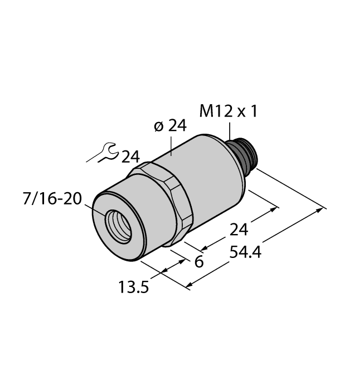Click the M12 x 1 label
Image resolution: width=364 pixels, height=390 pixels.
coord(229,112)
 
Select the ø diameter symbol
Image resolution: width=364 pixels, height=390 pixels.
coord(158,127)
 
